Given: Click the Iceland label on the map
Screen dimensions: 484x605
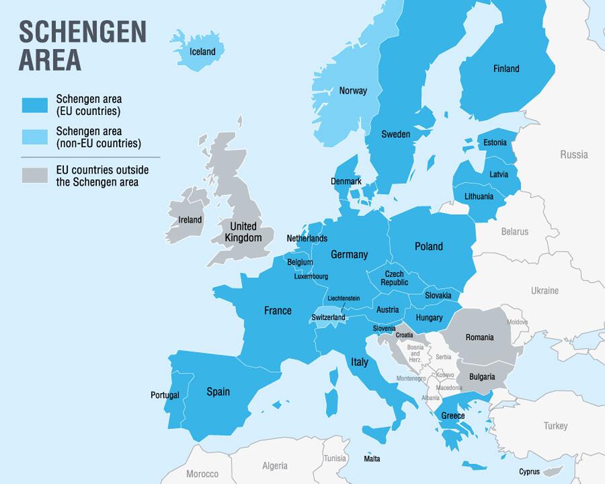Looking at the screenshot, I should click(x=202, y=52).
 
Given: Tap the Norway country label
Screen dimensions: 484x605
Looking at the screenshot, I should click(x=353, y=91).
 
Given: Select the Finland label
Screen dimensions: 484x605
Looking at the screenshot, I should click(x=506, y=69).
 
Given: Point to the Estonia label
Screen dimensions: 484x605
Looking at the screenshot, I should click(x=495, y=143).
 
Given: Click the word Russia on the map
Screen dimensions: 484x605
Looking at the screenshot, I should click(x=574, y=155).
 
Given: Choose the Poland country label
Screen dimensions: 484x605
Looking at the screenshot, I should click(x=428, y=247).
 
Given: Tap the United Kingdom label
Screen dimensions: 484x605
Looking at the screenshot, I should click(x=243, y=232).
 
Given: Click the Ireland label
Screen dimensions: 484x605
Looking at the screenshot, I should click(x=190, y=220).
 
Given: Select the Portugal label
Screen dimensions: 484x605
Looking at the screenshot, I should click(x=165, y=395).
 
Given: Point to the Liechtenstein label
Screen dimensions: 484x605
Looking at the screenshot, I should click(x=344, y=298).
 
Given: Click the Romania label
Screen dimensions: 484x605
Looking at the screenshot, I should click(x=479, y=337).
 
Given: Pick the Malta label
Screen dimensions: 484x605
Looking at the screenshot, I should click(x=372, y=459).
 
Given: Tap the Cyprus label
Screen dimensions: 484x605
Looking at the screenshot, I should click(x=529, y=472).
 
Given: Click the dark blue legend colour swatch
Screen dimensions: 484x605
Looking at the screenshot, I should click(x=35, y=106).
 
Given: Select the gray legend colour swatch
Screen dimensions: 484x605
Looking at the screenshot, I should click(x=35, y=175).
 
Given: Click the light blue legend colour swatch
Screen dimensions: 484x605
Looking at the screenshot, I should click(x=35, y=137).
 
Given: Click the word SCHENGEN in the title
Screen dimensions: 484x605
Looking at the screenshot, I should click(x=82, y=32).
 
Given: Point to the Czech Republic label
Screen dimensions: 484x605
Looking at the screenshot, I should click(x=394, y=278).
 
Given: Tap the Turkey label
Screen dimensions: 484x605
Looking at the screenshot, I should click(x=556, y=426).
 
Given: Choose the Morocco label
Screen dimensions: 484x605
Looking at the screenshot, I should click(x=202, y=474).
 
